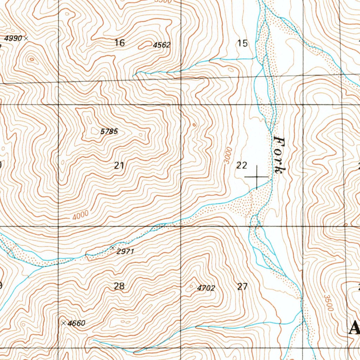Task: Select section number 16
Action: coord(120,43)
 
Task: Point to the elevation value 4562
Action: coord(162,45)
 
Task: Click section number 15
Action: coord(243,43)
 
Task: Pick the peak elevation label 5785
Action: coord(109,132)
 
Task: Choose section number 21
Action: coord(119,165)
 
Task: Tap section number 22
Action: coord(242,165)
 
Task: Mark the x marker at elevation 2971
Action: coord(113,248)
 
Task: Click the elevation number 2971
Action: coord(126,252)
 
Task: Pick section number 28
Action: coord(119,286)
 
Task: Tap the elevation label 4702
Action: coord(206,288)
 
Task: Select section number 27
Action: coord(242,287)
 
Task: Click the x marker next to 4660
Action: coord(63,323)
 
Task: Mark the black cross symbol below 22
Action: coord(257,177)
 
